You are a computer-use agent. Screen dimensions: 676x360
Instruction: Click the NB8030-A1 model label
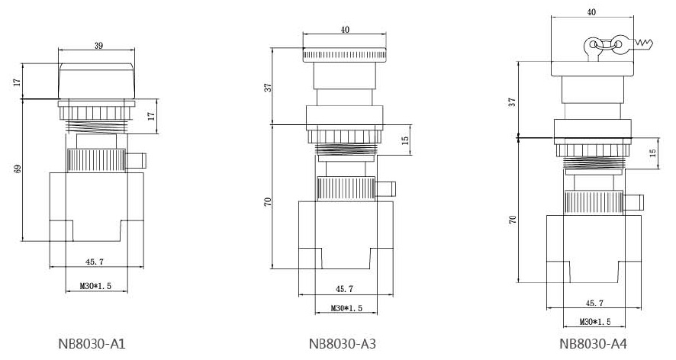tap(92, 344)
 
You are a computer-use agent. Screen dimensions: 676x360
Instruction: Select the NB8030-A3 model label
tap(343, 344)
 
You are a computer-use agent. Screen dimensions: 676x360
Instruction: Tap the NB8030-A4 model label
tap(594, 344)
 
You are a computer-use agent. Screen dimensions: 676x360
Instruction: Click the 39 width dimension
tap(98, 45)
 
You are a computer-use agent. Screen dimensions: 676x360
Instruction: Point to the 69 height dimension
tap(18, 169)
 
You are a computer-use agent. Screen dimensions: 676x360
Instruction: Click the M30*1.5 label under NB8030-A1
tap(95, 286)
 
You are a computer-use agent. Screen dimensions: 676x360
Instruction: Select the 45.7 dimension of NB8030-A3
tap(344, 289)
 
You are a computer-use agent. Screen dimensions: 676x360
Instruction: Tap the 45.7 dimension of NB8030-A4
tap(594, 303)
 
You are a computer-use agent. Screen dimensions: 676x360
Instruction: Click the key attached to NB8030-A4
tap(635, 43)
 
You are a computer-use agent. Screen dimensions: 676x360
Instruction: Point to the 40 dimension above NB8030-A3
tap(345, 30)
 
